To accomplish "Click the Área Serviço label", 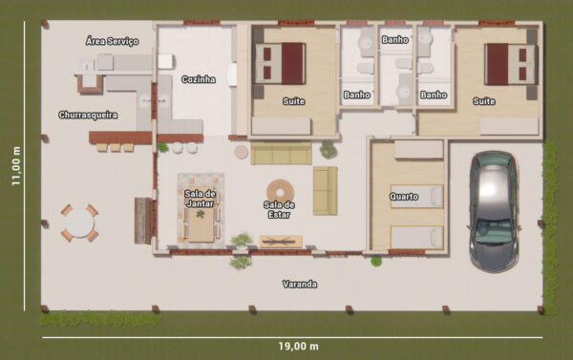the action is (x=112, y=41).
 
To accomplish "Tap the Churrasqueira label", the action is (x=88, y=116).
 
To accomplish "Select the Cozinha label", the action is (x=199, y=79).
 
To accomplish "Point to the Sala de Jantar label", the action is (x=201, y=199).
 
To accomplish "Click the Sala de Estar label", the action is (x=279, y=209).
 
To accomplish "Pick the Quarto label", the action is (x=404, y=197).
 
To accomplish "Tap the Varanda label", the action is (x=300, y=284).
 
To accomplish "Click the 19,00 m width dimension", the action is (x=298, y=346).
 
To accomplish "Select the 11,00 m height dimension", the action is (x=16, y=166).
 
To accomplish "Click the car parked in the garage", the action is (x=494, y=211).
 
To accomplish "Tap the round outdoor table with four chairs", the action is (x=79, y=222).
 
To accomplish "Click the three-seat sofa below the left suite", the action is (x=281, y=154).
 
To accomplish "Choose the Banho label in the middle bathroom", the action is (x=395, y=39).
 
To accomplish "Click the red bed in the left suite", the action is (x=280, y=64).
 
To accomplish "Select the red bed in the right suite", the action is (x=511, y=64).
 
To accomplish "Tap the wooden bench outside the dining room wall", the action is (x=143, y=221).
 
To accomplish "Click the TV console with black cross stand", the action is (x=281, y=242).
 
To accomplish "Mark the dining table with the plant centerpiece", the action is (x=201, y=223).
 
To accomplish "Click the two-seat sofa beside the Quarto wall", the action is (x=325, y=190).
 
